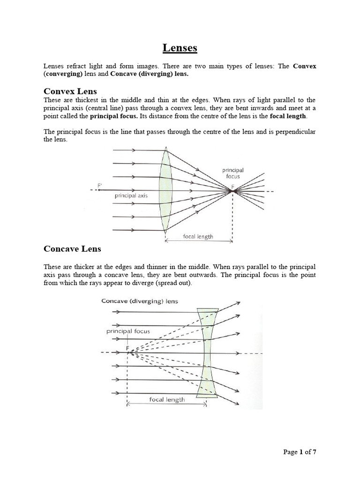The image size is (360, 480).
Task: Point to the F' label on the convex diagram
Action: click(x=99, y=186)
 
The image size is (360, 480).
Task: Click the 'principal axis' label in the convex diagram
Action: click(x=131, y=195)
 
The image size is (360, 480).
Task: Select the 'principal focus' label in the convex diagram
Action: click(x=232, y=173)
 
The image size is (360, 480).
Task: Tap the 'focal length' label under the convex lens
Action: click(x=198, y=236)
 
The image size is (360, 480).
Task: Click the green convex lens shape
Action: click(x=165, y=190)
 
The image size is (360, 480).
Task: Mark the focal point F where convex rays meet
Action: click(x=233, y=191)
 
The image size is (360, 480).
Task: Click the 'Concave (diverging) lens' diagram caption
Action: click(x=140, y=301)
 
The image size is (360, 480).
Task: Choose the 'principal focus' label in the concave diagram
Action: click(x=128, y=331)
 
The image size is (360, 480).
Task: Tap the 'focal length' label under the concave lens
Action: click(x=167, y=399)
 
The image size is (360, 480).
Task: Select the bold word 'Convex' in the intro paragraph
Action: click(x=305, y=66)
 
